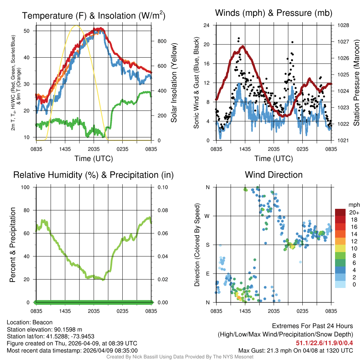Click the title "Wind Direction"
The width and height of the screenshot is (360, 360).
pyautogui.click(x=274, y=175)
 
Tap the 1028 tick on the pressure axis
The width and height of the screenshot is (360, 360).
pyautogui.click(x=343, y=25)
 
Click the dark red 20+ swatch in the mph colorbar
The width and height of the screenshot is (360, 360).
pyautogui.click(x=341, y=212)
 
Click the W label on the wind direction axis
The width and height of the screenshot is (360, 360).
pyautogui.click(x=208, y=216)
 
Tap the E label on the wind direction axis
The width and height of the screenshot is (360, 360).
pyautogui.click(x=208, y=274)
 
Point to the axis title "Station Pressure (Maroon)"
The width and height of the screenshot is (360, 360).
pyautogui.click(x=356, y=83)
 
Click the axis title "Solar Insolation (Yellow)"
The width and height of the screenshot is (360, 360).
pyautogui.click(x=174, y=83)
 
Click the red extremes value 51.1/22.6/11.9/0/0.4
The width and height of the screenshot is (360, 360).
pyautogui.click(x=324, y=343)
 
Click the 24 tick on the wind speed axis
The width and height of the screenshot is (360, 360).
pyautogui.click(x=207, y=25)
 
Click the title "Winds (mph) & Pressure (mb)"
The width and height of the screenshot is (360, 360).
pyautogui.click(x=274, y=13)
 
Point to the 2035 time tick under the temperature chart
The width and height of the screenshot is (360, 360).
pyautogui.click(x=94, y=149)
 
